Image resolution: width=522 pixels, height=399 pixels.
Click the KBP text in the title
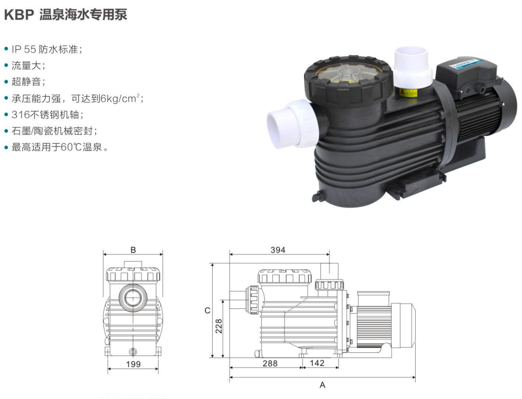pyautogui.click(x=20, y=15)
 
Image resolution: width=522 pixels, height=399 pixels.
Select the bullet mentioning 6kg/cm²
pyautogui.click(x=74, y=99)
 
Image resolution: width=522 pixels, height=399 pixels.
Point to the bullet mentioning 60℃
pyautogui.click(x=56, y=147)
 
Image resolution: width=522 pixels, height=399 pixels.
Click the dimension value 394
pyautogui.click(x=278, y=250)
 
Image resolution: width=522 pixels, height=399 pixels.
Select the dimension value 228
pyautogui.click(x=219, y=326)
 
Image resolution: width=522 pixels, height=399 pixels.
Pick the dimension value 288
pyautogui.click(x=270, y=363)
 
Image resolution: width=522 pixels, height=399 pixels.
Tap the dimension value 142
pyautogui.click(x=317, y=363)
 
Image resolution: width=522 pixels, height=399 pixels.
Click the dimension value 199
pyautogui.click(x=133, y=364)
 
